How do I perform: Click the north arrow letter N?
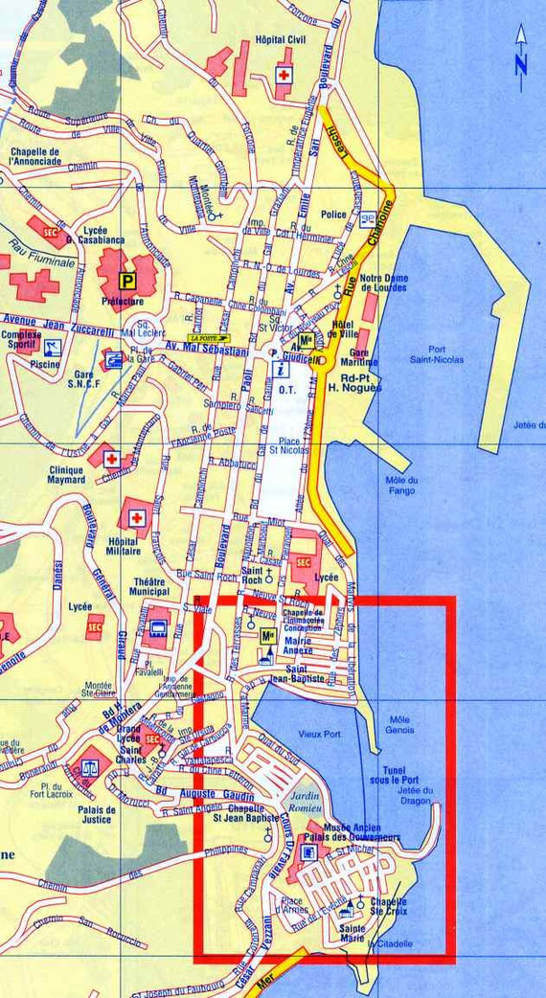pyautogui.click(x=520, y=64)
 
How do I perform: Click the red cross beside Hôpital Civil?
pyautogui.click(x=284, y=75)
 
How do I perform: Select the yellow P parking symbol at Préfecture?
pyautogui.click(x=126, y=281)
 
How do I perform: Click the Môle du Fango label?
pyautogui.click(x=402, y=486)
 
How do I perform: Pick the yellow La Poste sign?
pyautogui.click(x=211, y=338)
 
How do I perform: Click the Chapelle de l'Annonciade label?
pyautogui.click(x=34, y=156)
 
